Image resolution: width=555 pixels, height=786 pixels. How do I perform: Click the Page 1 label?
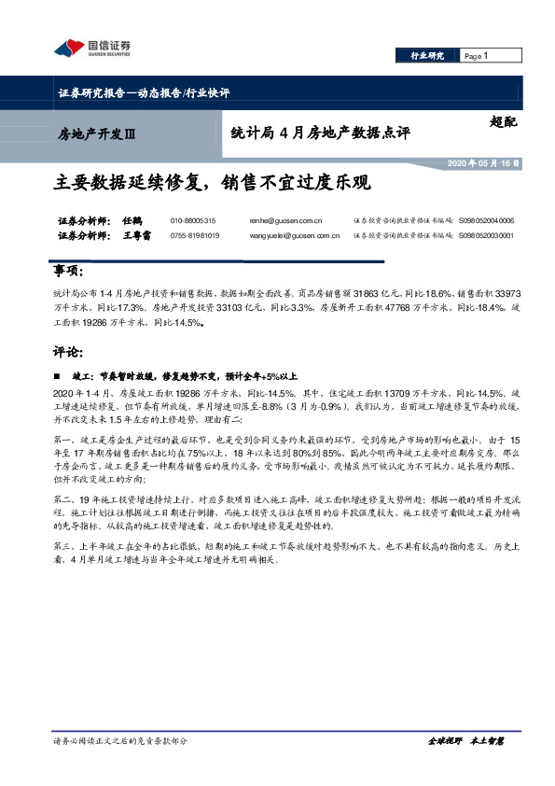click(477, 56)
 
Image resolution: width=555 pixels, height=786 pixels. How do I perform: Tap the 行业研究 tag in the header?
click(427, 56)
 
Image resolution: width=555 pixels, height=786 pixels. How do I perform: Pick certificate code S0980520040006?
click(486, 221)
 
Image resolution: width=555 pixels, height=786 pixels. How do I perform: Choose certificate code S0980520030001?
click(486, 236)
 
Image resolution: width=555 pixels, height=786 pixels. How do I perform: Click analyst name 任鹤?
click(132, 221)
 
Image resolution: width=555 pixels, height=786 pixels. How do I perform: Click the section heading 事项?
click(70, 272)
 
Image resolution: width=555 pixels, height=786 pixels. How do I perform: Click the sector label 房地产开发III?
click(97, 133)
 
